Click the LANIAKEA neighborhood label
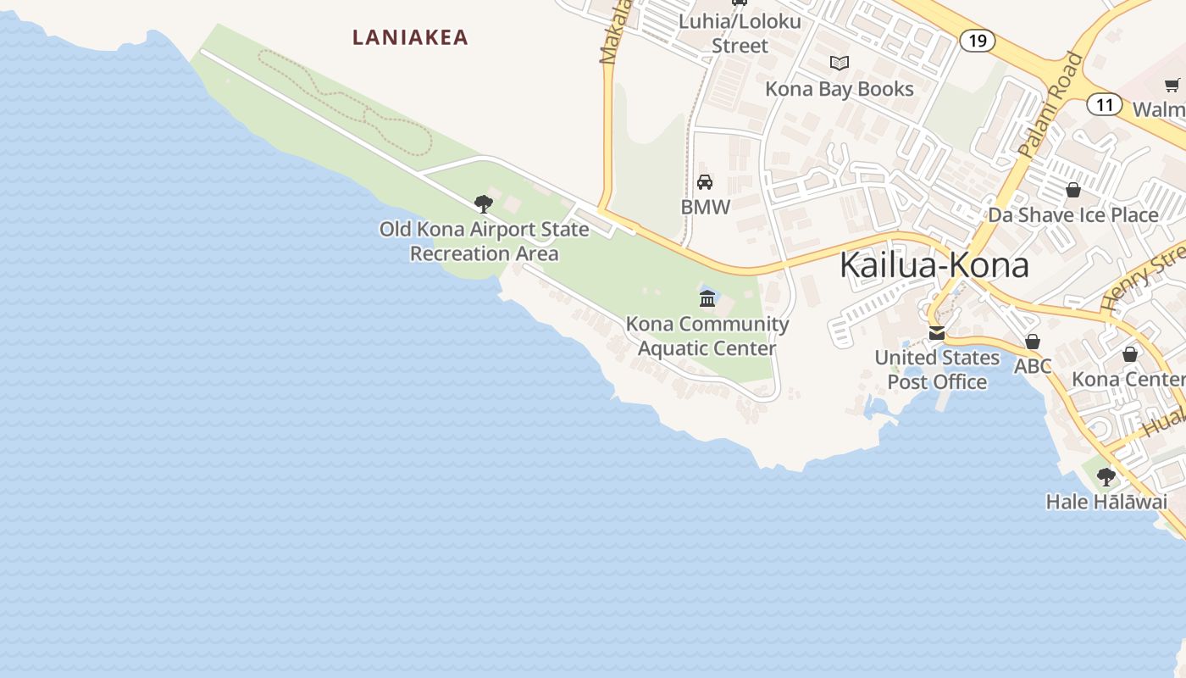[410, 37]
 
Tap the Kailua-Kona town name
[934, 265]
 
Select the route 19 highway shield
[977, 40]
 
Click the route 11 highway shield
[1104, 105]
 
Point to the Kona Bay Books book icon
[840, 64]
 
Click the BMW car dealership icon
[705, 182]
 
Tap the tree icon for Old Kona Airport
[484, 203]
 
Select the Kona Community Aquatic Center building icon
[707, 298]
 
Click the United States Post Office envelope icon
[937, 333]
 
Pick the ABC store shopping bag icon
[1033, 342]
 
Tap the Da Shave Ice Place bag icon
[1073, 190]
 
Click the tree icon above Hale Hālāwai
[1106, 476]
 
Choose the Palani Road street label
[1051, 105]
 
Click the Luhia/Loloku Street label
[740, 33]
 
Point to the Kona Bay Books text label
[839, 89]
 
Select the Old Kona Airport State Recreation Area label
[484, 242]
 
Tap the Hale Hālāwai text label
[1106, 502]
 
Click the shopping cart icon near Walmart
[1172, 85]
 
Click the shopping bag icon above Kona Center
[1129, 354]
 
